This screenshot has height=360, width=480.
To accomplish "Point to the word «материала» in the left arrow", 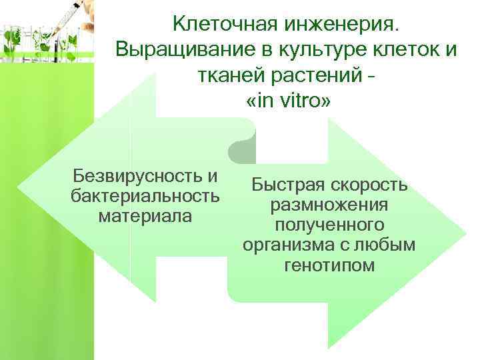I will (144, 216).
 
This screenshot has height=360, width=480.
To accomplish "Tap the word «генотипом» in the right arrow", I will (329, 265).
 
